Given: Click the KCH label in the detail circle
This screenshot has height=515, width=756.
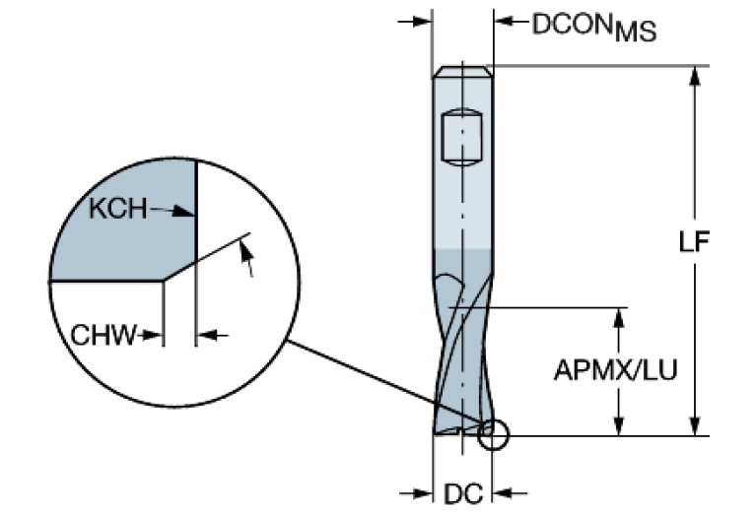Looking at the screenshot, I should click(117, 209).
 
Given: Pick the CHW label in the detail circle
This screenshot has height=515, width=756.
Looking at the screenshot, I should click(103, 336).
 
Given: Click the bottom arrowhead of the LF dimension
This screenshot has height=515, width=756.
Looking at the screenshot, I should click(697, 425).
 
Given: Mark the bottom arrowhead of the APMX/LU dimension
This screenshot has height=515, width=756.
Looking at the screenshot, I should click(620, 425).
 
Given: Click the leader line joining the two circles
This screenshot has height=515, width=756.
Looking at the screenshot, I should click(384, 383).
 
